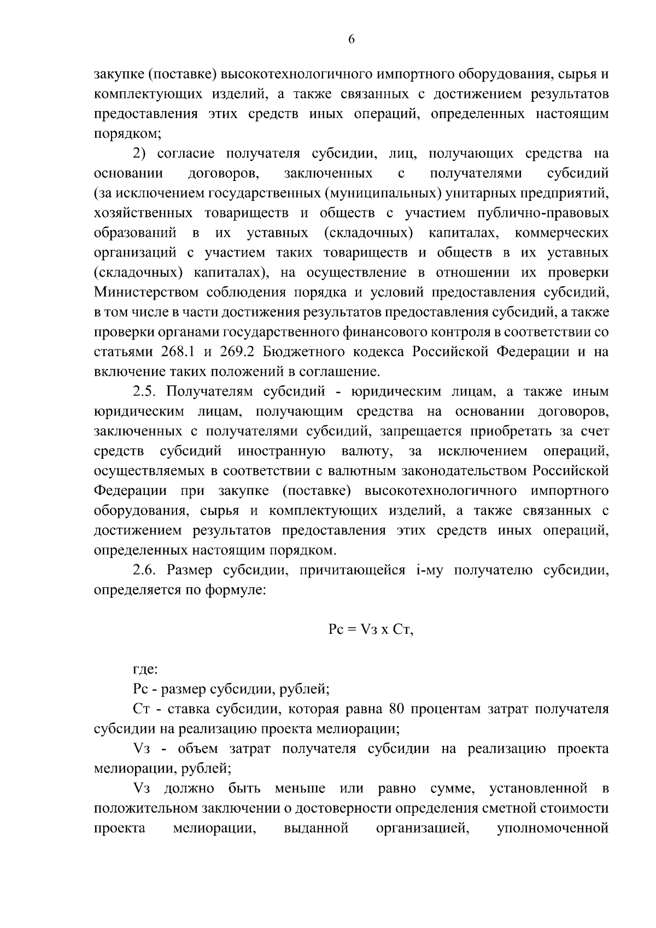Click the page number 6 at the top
tap(351, 39)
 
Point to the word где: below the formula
tap(145, 669)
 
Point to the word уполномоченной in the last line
tap(553, 828)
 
